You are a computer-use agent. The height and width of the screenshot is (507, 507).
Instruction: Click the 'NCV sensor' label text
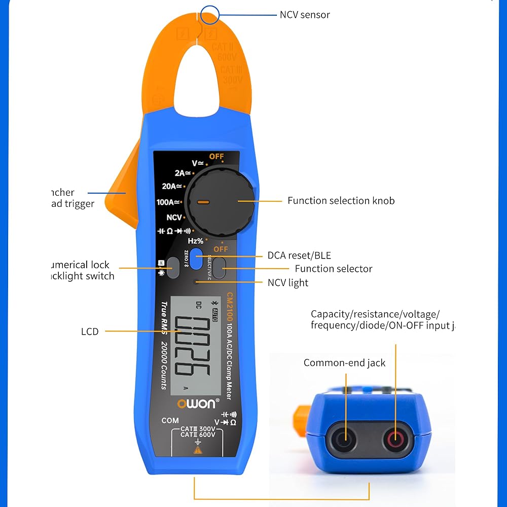[x=305, y=15]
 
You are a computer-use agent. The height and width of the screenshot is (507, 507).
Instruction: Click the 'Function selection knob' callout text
[x=341, y=201]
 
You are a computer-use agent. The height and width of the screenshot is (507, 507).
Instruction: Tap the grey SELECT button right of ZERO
[x=219, y=268]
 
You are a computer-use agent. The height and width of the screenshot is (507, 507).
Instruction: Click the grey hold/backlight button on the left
[x=173, y=268]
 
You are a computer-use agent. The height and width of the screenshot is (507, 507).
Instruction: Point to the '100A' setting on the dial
[x=168, y=202]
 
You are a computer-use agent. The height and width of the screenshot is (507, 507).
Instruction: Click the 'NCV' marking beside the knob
[x=174, y=218]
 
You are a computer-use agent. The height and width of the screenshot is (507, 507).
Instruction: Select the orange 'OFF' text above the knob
[x=216, y=157]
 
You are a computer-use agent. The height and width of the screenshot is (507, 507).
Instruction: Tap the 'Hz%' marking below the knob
[x=196, y=241]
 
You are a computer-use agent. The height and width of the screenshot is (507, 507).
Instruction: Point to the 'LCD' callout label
[x=90, y=332]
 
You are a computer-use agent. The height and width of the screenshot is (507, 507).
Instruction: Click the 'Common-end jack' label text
[x=344, y=363]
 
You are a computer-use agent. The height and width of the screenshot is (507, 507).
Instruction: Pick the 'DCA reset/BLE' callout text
[x=299, y=256]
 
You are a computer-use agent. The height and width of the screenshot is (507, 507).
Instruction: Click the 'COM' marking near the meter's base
[x=170, y=420]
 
